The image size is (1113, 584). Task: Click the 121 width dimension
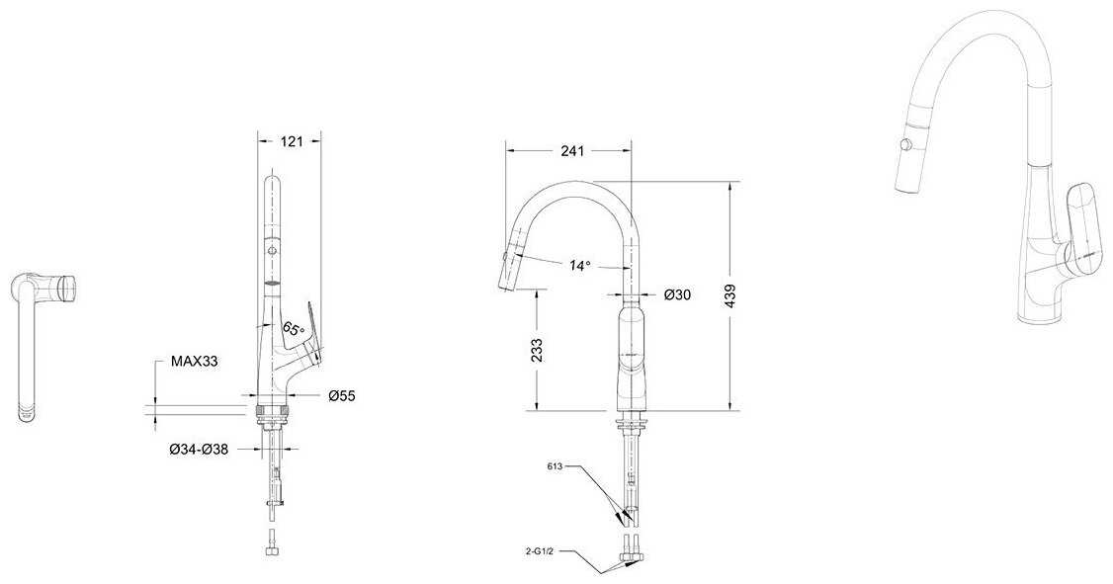click(x=291, y=141)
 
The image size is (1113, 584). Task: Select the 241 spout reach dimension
click(x=572, y=151)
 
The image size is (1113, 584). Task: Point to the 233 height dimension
click(x=537, y=350)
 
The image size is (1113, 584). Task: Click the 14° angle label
click(x=579, y=266)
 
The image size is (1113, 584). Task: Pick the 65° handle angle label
click(x=293, y=329)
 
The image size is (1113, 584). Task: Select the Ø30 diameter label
click(x=678, y=294)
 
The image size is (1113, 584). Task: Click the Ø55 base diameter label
click(x=341, y=396)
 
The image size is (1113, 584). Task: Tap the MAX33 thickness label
click(x=194, y=362)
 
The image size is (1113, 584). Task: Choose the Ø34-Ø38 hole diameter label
click(x=199, y=450)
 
